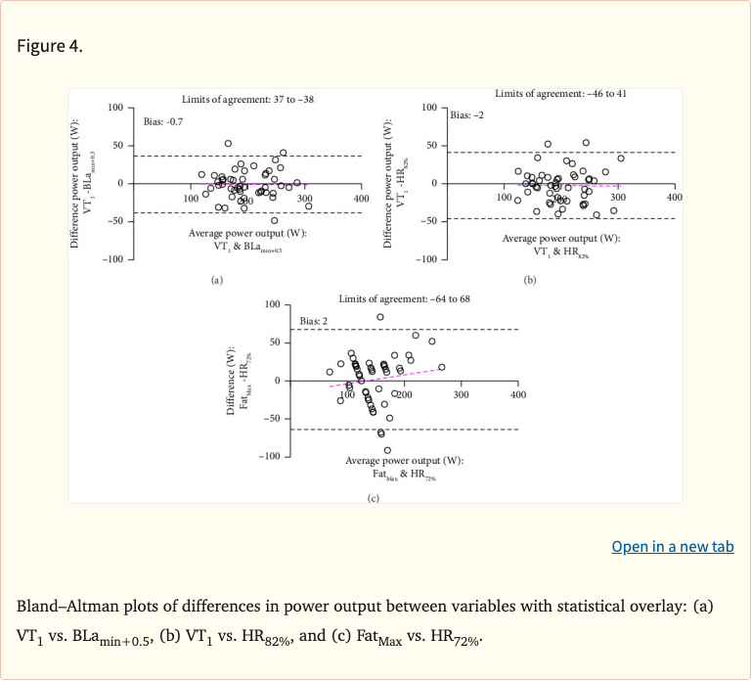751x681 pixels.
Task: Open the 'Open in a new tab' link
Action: coord(672,547)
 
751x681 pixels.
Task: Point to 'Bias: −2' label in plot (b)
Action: coord(465,114)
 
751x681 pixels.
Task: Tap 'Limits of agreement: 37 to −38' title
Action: coord(248,99)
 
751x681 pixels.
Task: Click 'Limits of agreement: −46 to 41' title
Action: coord(560,93)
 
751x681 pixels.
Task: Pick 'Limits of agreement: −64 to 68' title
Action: coord(404,297)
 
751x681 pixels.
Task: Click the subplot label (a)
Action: coord(217,280)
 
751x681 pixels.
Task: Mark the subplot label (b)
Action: coord(530,280)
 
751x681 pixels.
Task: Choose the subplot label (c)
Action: coord(373,498)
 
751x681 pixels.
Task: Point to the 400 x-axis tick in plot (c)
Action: coord(518,394)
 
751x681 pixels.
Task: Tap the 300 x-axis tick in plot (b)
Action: coord(617,198)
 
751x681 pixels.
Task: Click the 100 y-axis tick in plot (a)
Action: coord(114,107)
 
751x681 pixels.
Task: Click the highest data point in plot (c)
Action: coord(380,317)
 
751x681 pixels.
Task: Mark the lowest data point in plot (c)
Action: coord(387,450)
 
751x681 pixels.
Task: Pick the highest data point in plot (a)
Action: coord(228,144)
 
